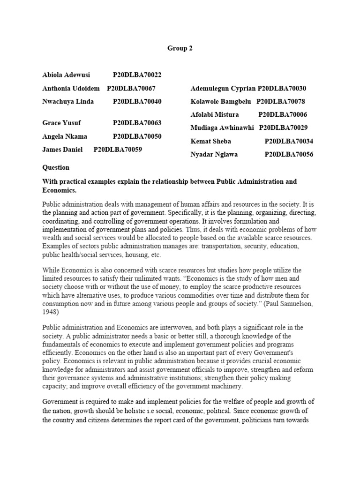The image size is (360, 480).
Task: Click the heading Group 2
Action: [x=180, y=48]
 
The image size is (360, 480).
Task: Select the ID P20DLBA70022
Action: [x=137, y=75]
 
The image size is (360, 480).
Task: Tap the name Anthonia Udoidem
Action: [x=70, y=88]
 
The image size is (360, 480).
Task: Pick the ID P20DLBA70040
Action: [x=137, y=101]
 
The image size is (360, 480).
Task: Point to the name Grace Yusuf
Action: [x=62, y=123]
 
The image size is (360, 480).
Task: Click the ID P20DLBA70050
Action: [x=137, y=136]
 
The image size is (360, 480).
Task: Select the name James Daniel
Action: [x=62, y=150]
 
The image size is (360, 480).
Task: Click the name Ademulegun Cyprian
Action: [x=223, y=89]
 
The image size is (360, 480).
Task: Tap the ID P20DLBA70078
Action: [x=281, y=101]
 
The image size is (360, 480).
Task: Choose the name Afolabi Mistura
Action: [x=215, y=114]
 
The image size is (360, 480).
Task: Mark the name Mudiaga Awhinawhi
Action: [x=222, y=127]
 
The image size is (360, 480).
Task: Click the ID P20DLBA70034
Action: [x=289, y=141]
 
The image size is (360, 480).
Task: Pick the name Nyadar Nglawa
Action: [x=214, y=154]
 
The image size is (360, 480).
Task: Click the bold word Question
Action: [x=56, y=167]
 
